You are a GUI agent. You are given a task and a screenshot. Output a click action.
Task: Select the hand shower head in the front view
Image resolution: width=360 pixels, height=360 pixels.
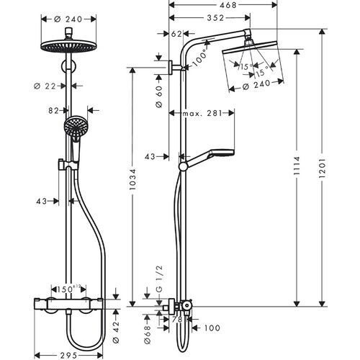(x=74, y=130)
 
